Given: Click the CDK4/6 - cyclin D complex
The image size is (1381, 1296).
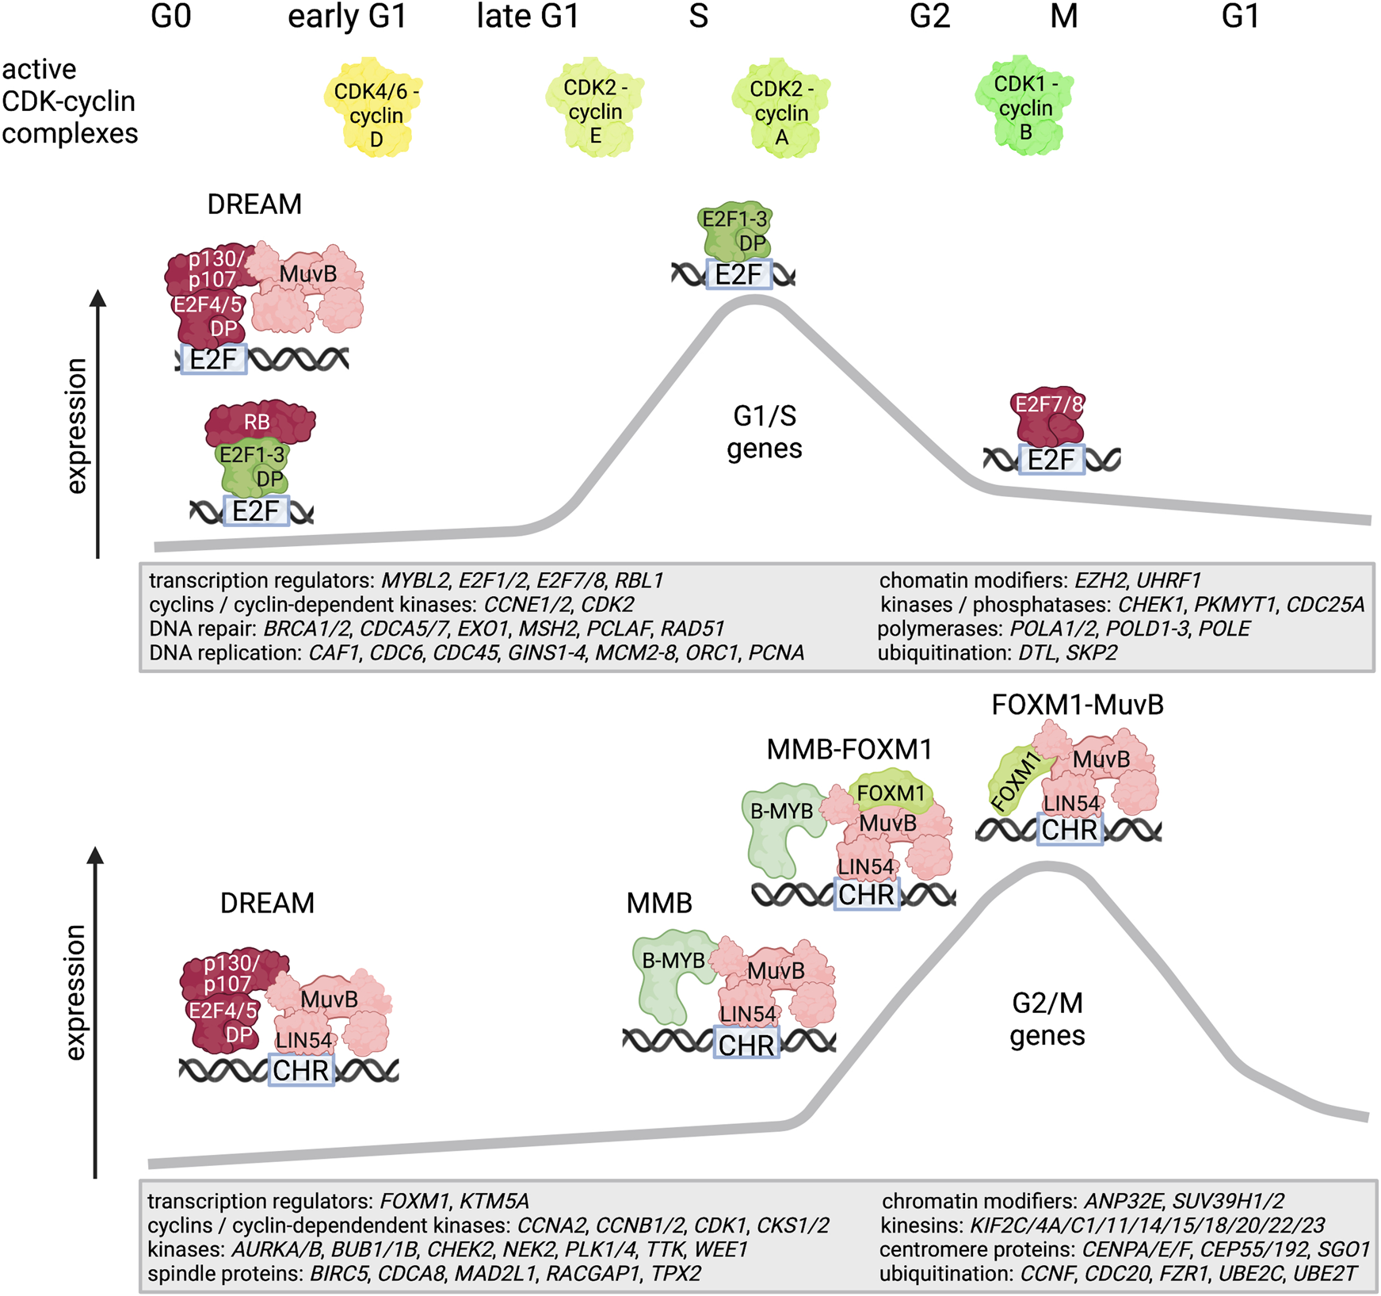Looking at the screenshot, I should [376, 108].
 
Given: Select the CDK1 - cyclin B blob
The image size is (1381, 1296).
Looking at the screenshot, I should [1025, 105].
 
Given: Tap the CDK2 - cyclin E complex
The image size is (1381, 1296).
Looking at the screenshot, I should [595, 108].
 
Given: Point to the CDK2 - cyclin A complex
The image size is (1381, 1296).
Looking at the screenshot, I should [781, 109].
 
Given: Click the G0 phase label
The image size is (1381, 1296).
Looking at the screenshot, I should [171, 17].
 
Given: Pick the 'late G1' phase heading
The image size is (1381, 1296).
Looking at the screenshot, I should [528, 17].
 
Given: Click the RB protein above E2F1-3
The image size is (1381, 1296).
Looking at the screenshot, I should [258, 422].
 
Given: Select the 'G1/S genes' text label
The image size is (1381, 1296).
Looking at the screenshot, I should [764, 432].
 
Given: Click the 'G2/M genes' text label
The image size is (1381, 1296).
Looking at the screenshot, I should [1047, 1019].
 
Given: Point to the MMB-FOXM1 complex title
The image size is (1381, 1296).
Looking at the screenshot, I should [849, 749].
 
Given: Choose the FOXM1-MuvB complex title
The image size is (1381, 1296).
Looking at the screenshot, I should [1077, 705].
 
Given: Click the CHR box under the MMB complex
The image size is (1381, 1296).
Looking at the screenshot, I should [746, 1044].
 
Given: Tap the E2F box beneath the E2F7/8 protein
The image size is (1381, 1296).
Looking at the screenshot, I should [1051, 460].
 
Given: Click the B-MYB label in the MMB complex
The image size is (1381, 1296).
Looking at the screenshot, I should [673, 961].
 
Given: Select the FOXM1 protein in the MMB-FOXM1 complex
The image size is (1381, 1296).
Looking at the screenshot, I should [891, 793].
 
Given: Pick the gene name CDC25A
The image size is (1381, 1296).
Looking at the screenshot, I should [1325, 605].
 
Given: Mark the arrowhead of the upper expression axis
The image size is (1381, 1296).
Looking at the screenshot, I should [97, 298].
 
